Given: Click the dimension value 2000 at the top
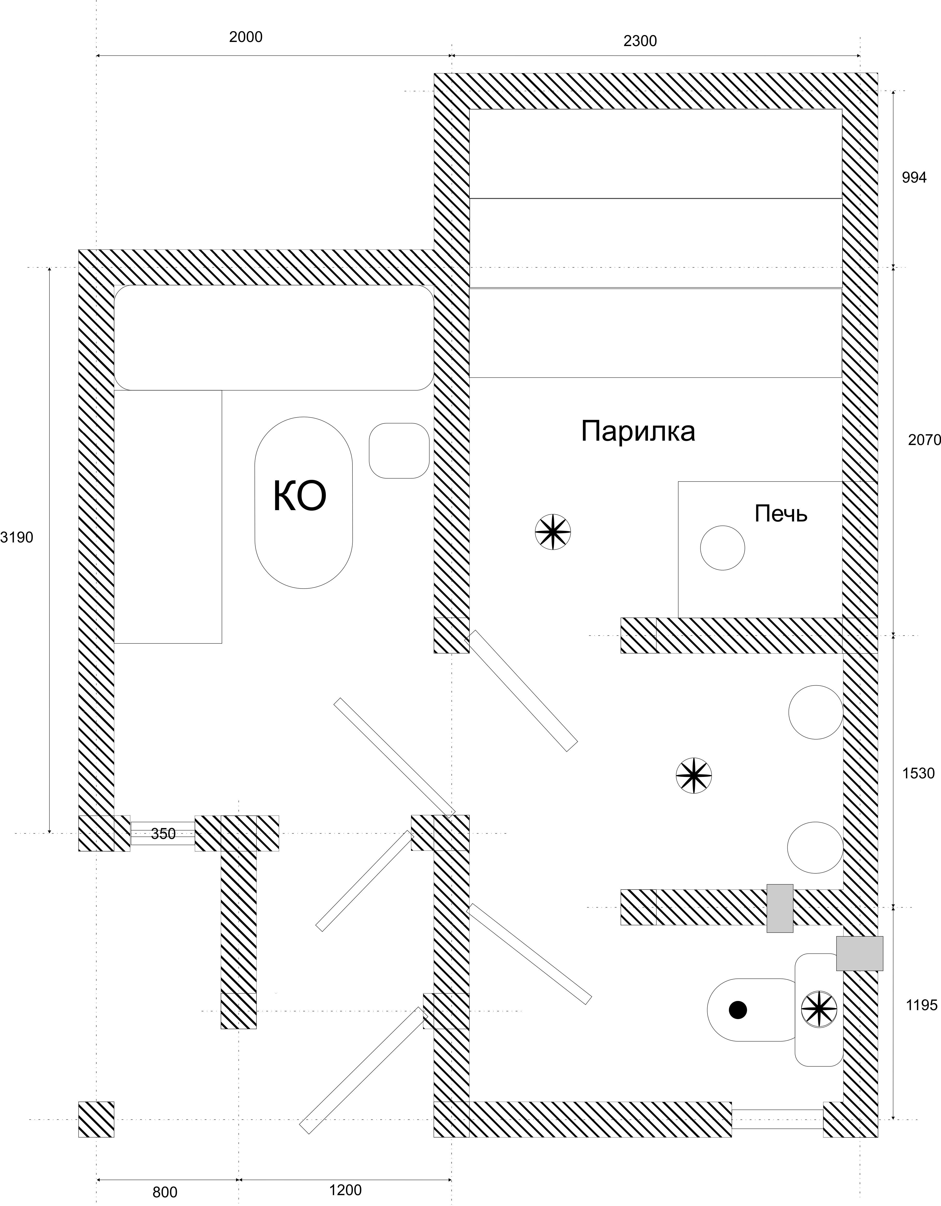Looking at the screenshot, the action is (246, 37).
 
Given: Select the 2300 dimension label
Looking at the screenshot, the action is (640, 41).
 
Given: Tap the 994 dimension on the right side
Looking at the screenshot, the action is (914, 178).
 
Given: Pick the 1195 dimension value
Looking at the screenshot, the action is (922, 1005).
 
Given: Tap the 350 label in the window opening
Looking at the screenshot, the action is (164, 834).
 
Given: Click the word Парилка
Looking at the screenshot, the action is (638, 431).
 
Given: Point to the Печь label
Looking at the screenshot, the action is (781, 514).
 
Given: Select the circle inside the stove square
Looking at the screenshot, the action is (722, 548).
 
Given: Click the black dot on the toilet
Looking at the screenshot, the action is (738, 1010).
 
